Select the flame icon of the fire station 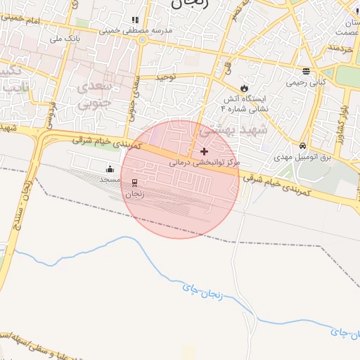pyautogui.click(x=244, y=88)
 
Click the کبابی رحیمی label pyautogui.click(x=306, y=82)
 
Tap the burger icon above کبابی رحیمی pyautogui.click(x=306, y=71)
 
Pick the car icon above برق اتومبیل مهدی pyautogui.click(x=302, y=146)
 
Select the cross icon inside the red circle pyautogui.click(x=205, y=151)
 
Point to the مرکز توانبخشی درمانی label pyautogui.click(x=205, y=162)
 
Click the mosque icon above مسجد pyautogui.click(x=110, y=169)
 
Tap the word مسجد pyautogui.click(x=110, y=180)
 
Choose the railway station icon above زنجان pyautogui.click(x=134, y=183)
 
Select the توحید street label pyautogui.click(x=172, y=75)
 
